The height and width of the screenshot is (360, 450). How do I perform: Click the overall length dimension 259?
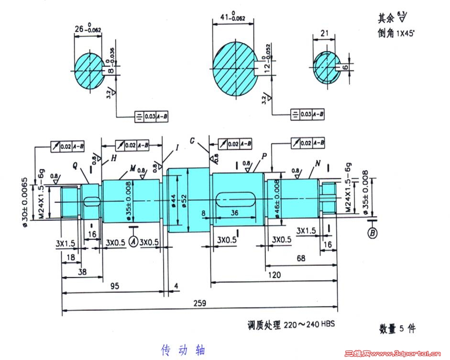pyautogui.click(x=200, y=303)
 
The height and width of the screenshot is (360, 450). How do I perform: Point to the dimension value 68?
pyautogui.click(x=301, y=258)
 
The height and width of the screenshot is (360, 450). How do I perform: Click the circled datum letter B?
pyautogui.click(x=372, y=233)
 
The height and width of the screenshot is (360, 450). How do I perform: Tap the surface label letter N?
pyautogui.click(x=318, y=164)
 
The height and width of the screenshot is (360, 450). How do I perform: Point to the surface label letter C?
pyautogui.click(x=192, y=141)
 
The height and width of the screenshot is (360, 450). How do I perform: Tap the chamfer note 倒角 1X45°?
pyautogui.click(x=397, y=34)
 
